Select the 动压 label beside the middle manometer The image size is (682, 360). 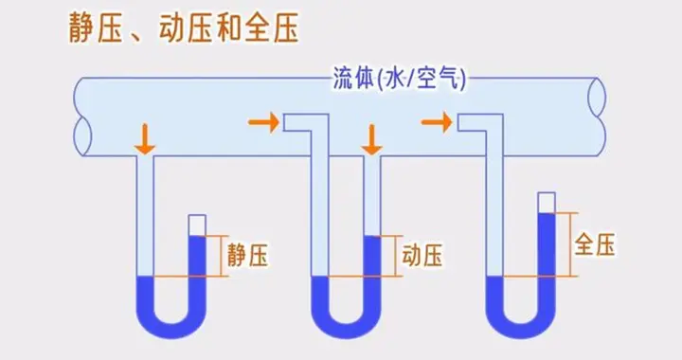tap(423, 255)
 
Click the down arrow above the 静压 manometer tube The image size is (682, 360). tap(144, 139)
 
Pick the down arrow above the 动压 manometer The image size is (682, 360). tap(372, 139)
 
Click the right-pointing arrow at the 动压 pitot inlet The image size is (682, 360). tap(262, 122)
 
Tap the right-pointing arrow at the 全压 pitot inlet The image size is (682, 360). tap(436, 122)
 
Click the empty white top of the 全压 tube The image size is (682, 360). tap(547, 203)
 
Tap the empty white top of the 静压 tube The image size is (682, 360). tap(197, 225)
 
